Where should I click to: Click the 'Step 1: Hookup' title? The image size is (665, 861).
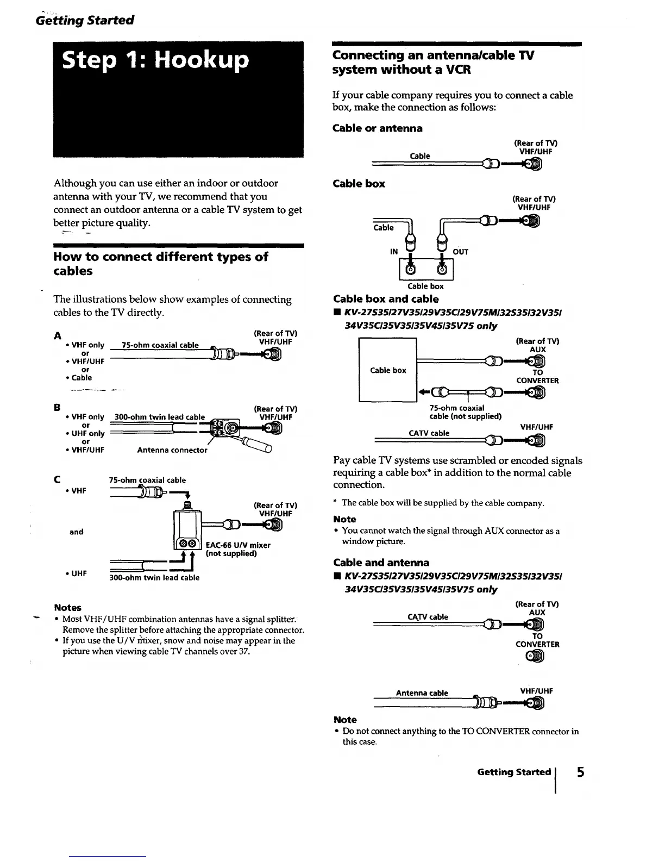coord(155,60)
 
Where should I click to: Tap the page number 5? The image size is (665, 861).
coord(581,772)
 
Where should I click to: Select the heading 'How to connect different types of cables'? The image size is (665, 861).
coord(161,264)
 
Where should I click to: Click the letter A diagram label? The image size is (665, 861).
coord(57,335)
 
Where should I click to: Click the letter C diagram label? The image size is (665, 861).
coord(57,479)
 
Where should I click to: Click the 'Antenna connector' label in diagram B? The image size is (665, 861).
coord(172,450)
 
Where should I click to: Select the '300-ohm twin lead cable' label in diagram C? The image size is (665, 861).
coord(154,578)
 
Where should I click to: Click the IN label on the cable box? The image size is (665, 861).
coord(394,252)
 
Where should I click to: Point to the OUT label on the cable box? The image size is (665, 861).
coord(460,252)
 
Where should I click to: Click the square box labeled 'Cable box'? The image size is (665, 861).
coord(388,370)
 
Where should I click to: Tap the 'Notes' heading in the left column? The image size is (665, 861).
coord(68,608)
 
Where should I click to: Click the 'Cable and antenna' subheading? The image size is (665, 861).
coord(381,563)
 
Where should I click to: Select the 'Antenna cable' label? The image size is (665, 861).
coord(422,693)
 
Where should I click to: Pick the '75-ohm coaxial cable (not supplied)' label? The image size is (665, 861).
coord(465,412)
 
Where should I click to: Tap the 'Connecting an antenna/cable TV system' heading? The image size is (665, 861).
coord(433,63)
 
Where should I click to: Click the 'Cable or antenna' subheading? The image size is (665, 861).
coord(378,128)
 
